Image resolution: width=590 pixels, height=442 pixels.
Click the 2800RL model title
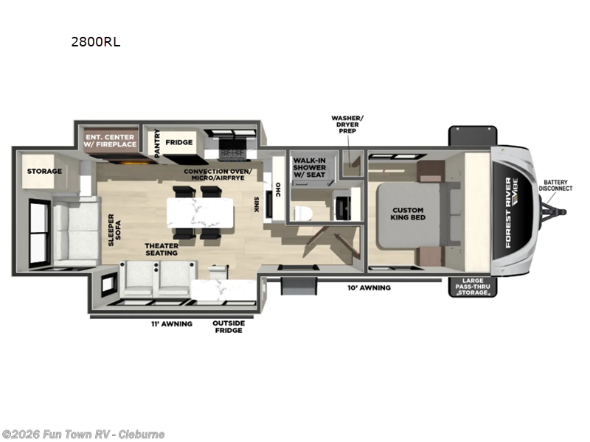96,42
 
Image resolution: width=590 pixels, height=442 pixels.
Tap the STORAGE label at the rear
44,172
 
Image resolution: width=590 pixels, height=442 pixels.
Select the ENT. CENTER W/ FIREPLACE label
110,141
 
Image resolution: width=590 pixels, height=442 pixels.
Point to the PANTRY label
157,143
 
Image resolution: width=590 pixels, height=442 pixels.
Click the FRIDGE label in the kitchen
179,142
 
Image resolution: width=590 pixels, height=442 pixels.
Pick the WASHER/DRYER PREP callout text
347,124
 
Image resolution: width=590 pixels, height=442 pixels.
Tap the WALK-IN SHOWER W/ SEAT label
309,168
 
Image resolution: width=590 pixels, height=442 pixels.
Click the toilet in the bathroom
303,213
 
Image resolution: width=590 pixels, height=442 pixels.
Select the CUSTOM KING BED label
408,214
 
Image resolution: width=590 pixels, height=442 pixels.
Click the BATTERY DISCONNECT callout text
555,186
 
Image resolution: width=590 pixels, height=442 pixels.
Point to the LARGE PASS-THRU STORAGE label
473,287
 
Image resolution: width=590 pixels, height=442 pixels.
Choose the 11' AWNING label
172,323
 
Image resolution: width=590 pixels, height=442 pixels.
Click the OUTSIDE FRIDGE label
229,327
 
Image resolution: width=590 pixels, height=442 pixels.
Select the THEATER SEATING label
162,250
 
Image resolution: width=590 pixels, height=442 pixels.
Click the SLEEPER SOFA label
114,230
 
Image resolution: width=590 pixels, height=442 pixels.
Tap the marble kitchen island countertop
200,213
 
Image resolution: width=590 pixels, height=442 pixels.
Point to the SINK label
256,205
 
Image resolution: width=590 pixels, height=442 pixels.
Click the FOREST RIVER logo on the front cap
509,213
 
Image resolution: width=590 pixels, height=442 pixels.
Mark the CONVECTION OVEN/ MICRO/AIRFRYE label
218,175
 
